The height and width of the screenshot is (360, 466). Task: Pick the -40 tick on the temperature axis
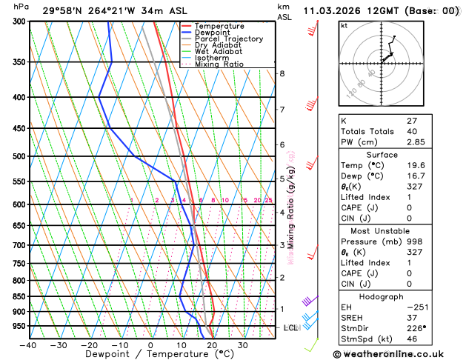(28, 345)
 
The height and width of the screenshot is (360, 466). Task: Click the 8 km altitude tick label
(282, 73)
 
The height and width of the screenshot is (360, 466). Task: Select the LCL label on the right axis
(291, 327)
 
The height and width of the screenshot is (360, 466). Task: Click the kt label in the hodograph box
(344, 25)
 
